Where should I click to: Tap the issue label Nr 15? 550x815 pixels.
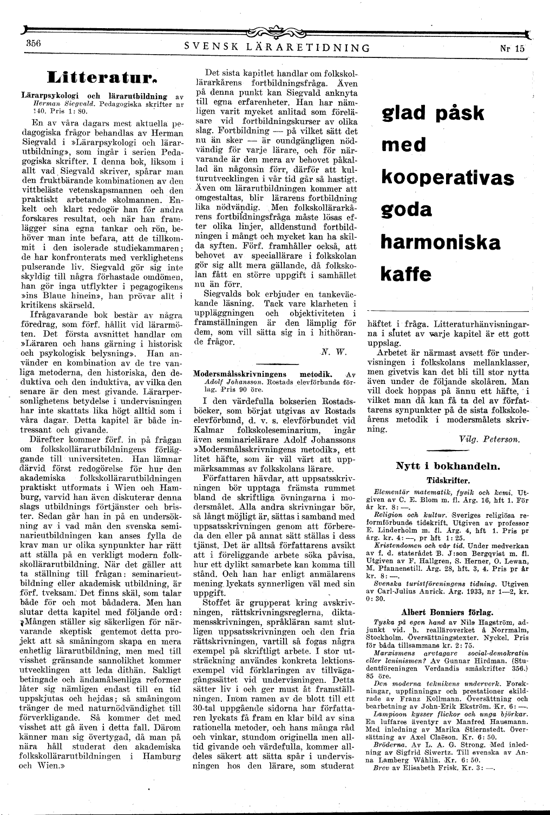point(513,48)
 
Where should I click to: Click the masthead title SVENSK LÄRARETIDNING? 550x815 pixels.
point(277,48)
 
